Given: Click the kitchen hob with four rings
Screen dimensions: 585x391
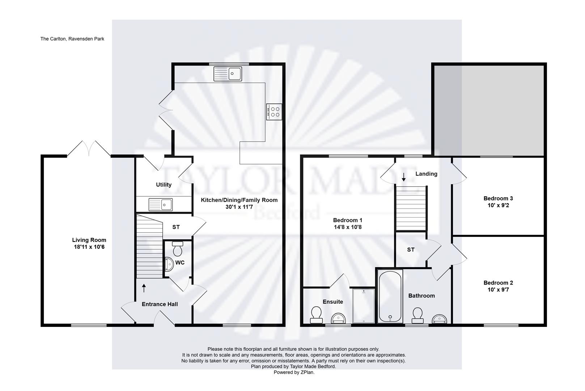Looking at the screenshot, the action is point(274,112).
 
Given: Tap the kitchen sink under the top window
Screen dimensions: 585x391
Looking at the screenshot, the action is point(228,74).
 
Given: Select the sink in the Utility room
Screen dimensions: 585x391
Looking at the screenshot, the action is point(160,205).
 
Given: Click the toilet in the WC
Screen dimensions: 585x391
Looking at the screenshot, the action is point(178,249).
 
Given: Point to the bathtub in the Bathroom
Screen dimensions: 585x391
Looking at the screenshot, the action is point(390,297).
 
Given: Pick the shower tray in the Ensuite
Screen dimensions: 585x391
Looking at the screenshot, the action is point(364,306).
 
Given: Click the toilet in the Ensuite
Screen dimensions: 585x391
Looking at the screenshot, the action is point(316,315).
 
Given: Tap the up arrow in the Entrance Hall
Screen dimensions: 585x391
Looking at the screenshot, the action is point(144,288).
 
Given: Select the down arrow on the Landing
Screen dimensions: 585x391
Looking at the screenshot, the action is point(404,177).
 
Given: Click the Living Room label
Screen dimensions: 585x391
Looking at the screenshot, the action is point(89,240).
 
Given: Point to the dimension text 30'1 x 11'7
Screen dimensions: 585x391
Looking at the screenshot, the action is point(239,207).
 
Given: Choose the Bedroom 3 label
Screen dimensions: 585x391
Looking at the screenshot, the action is point(498,198).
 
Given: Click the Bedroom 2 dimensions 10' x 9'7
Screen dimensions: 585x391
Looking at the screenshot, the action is point(498,290).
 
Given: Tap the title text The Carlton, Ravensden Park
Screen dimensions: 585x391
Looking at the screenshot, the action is point(72,39).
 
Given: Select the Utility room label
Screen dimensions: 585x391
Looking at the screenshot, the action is point(164,185).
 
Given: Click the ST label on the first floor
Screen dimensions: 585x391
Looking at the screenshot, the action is point(411,250).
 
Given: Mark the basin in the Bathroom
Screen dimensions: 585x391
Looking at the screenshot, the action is point(439,319).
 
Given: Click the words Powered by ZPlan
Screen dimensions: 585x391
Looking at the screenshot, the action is point(294,372).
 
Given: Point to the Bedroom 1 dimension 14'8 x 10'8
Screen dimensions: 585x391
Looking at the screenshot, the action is point(348,227).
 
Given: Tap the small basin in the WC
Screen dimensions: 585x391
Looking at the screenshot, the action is point(169,264).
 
